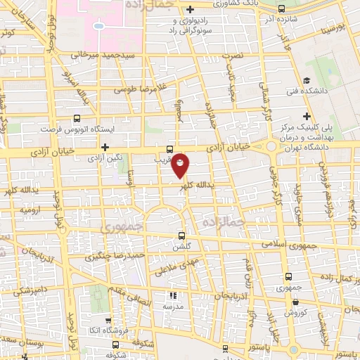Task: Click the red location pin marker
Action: (x=181, y=166)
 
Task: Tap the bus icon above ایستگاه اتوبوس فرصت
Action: (x=77, y=120)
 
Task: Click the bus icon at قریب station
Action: (x=169, y=149)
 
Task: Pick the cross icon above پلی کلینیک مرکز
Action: (x=307, y=116)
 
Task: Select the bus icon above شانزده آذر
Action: (x=282, y=9)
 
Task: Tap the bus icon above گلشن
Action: (x=182, y=236)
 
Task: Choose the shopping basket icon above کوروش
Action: (x=288, y=300)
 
